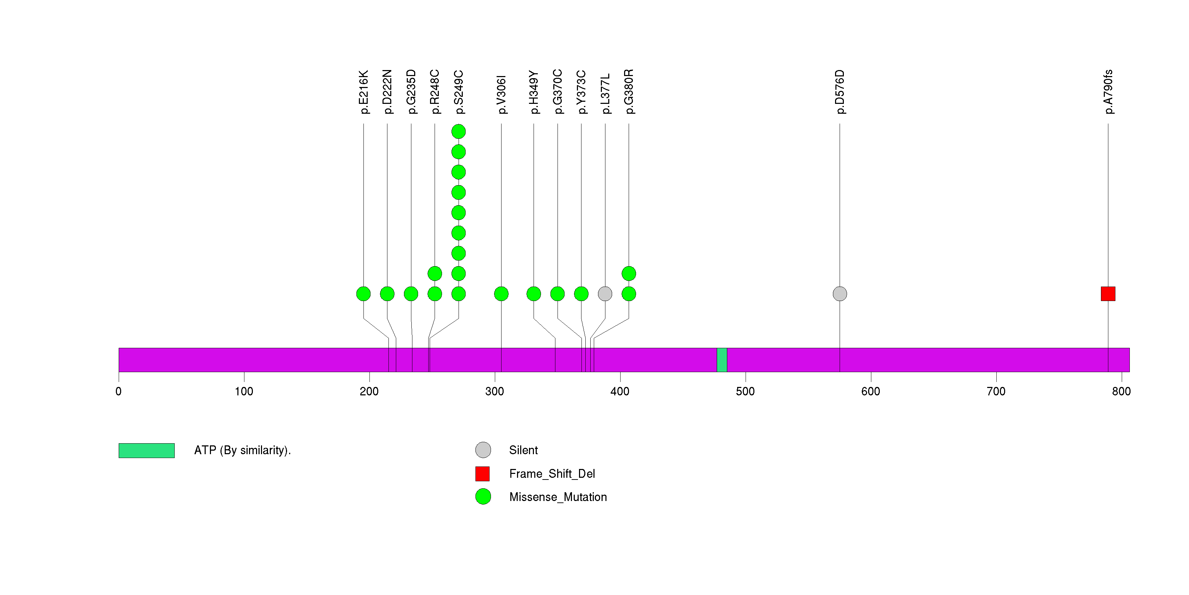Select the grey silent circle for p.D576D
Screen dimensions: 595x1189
click(840, 294)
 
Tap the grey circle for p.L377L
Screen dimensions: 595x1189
click(605, 294)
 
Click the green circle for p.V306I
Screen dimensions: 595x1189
click(501, 294)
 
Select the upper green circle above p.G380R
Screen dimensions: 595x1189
click(629, 274)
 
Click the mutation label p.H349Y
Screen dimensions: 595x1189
click(534, 92)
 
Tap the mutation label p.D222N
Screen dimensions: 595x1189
click(387, 92)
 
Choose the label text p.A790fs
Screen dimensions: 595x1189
click(1108, 92)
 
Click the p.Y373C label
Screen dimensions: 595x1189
click(581, 92)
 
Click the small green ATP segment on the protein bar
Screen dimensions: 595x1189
click(722, 360)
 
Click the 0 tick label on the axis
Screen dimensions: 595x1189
click(119, 392)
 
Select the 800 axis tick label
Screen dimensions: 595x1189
click(1121, 392)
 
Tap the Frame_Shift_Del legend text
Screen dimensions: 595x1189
click(552, 474)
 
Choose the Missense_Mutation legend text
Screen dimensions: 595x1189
click(558, 497)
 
